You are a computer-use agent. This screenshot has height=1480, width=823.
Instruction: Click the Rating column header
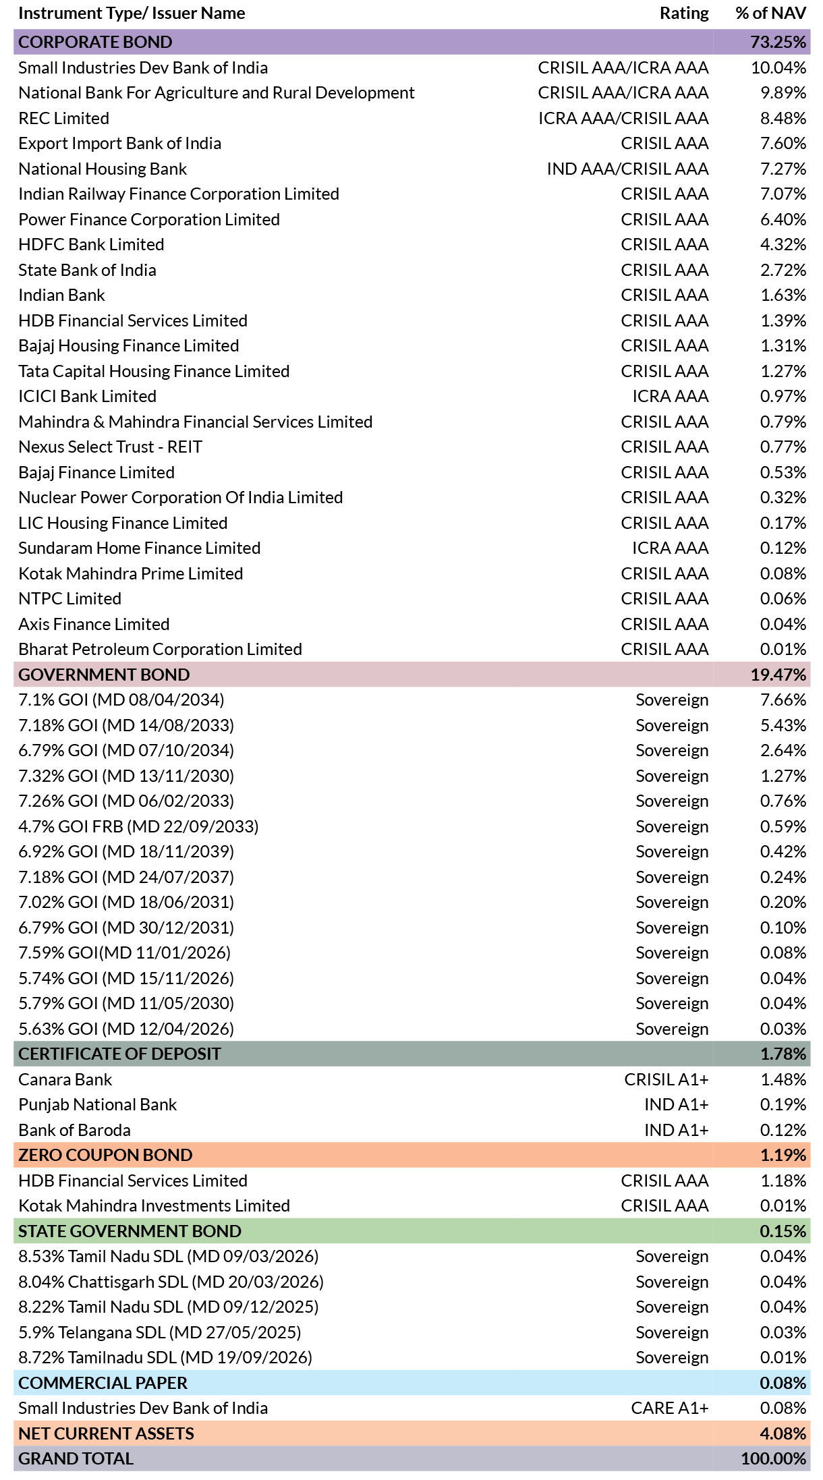click(684, 13)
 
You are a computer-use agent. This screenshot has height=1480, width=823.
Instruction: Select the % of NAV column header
click(770, 13)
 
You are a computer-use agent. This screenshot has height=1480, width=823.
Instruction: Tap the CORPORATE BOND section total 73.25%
click(778, 42)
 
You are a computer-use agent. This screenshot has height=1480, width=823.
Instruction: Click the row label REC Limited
click(64, 118)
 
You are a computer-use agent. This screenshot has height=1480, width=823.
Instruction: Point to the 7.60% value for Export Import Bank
click(783, 143)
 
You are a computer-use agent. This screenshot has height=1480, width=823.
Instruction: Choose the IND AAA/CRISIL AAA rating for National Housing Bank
click(627, 169)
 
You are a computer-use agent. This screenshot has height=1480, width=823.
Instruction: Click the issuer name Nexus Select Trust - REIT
click(111, 447)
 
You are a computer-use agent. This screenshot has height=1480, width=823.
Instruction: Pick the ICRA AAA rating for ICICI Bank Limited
click(671, 396)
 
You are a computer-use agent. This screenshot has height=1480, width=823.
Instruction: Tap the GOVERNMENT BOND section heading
click(104, 675)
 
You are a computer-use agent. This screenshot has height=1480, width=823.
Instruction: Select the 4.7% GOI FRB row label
click(139, 826)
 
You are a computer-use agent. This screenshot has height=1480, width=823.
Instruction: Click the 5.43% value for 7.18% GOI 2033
click(783, 725)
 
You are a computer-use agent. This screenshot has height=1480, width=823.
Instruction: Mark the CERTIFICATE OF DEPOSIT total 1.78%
click(783, 1054)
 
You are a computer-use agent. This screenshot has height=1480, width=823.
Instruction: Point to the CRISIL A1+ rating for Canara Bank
click(666, 1079)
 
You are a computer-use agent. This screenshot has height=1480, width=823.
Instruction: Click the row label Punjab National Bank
click(98, 1104)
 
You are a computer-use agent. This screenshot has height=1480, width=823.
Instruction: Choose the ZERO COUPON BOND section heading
click(105, 1155)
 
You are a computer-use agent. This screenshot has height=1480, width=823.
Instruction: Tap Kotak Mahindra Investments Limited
click(154, 1205)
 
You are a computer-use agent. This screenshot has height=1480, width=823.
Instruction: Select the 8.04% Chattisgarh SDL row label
click(171, 1282)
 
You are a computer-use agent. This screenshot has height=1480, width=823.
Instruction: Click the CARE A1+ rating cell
click(670, 1408)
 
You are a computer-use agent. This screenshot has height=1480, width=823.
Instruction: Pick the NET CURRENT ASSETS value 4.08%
click(783, 1433)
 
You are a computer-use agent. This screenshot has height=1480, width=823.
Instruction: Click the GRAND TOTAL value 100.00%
click(774, 1458)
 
